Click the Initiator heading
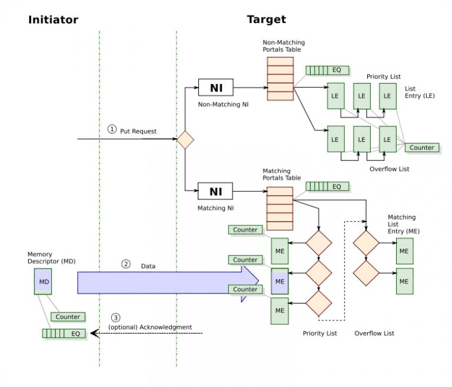(53, 19)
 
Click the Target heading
(266, 19)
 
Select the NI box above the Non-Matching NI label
(215, 88)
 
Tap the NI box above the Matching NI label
(215, 191)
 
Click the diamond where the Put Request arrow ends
(185, 140)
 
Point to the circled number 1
(112, 129)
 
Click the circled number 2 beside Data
(125, 264)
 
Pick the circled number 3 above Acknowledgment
(115, 318)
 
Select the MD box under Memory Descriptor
(44, 282)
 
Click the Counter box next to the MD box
(68, 317)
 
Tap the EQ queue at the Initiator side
(64, 333)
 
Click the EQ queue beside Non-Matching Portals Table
(327, 70)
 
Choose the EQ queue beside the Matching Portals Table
(327, 186)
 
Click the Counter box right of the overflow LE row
(421, 148)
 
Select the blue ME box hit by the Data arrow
(280, 281)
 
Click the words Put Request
(138, 131)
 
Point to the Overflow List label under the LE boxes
(389, 169)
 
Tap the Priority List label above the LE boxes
(384, 76)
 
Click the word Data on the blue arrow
(148, 266)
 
